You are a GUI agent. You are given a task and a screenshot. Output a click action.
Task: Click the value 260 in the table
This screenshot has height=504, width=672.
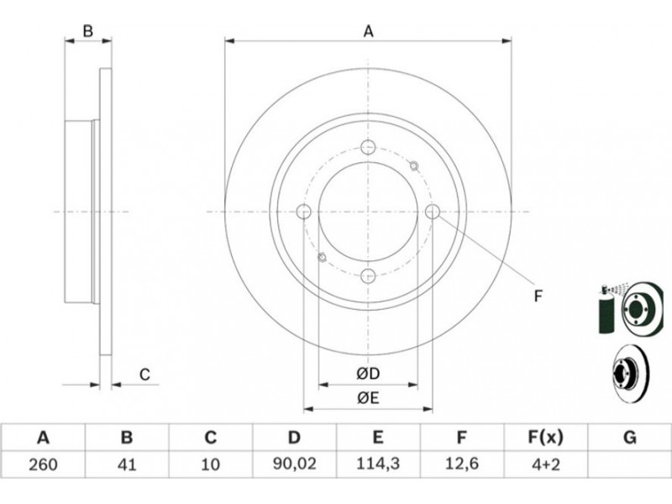coord(43,465)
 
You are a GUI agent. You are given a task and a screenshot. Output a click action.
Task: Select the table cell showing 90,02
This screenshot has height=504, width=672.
coord(294,464)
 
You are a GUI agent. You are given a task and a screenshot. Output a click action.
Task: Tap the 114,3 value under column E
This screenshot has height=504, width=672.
coord(377,464)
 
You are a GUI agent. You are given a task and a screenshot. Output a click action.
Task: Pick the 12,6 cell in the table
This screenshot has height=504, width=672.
coord(461,464)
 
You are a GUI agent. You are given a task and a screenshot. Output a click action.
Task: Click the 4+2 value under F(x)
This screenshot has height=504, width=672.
coord(544,465)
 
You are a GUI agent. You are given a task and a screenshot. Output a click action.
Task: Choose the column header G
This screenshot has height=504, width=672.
coord(629,438)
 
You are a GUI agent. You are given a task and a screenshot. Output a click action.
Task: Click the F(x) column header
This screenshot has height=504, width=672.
coord(545,438)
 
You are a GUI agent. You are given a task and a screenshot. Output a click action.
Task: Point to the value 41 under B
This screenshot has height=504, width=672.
coord(127,465)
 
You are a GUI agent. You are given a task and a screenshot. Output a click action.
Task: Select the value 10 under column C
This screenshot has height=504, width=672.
coord(211,465)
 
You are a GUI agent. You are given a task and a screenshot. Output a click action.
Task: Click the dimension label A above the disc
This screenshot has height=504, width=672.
coord(368,31)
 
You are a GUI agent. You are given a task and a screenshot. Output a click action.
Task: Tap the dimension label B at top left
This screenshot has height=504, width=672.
coord(88,31)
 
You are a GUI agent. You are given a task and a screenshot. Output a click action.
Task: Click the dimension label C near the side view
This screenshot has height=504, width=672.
coord(144,375)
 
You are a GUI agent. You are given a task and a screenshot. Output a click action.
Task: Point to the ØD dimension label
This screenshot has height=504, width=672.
coord(368,374)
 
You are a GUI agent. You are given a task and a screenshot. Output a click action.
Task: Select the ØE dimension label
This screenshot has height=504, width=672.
coord(368,398)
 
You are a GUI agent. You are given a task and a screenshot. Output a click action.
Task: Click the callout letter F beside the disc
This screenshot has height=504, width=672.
coord(538,296)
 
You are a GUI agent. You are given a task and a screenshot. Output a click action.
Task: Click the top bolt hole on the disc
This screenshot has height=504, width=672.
coord(368,147)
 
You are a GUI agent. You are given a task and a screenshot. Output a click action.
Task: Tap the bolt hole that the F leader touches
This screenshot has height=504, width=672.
coord(433,212)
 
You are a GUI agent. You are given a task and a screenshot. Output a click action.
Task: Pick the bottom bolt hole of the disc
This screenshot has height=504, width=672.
coord(368,276)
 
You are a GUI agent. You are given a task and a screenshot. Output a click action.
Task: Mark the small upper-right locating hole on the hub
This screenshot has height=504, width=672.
coord(413,165)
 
